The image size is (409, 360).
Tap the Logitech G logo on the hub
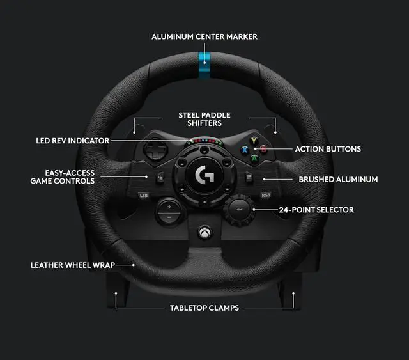click(204, 173)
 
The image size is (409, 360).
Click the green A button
click(254, 159)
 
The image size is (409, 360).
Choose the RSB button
click(265, 194)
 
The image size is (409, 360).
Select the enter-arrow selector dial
click(238, 208)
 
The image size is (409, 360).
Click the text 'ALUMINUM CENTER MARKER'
click(204, 36)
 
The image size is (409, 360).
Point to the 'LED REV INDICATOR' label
click(72, 140)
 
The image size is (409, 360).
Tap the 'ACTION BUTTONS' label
click(327, 149)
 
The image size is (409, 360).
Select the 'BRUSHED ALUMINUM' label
click(338, 180)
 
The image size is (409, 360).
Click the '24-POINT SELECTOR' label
click(316, 210)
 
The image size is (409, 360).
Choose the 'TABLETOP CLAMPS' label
click(204, 308)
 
